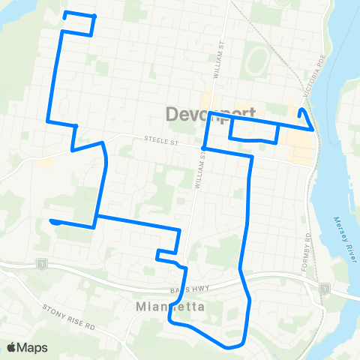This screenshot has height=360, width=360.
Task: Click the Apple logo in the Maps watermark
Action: pyautogui.click(x=12, y=347)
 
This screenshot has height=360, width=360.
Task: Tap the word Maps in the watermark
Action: pyautogui.click(x=32, y=347)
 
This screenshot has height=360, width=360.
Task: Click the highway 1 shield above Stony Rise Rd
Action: pyautogui.click(x=42, y=263)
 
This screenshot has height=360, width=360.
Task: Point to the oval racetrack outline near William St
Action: pyautogui.click(x=256, y=59)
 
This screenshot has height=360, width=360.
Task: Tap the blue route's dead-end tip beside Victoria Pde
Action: pyautogui.click(x=301, y=111)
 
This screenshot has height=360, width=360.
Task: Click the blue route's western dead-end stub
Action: pyautogui.click(x=52, y=220)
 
